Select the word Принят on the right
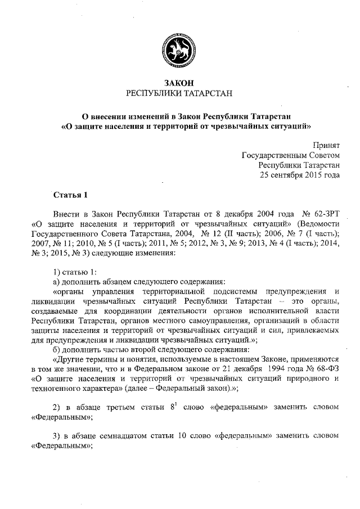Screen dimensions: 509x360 [326, 145]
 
